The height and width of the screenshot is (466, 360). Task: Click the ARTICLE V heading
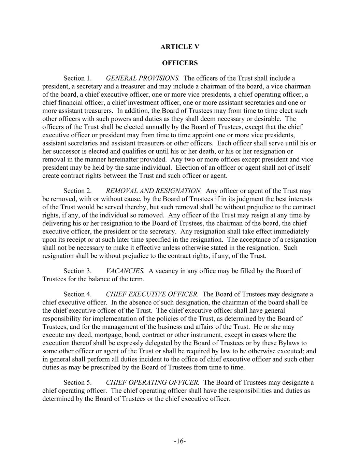pos(179,47)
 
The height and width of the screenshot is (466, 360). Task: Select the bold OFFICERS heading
pos(179,63)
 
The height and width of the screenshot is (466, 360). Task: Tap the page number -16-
pos(180,441)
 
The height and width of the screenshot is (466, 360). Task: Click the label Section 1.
pos(77,79)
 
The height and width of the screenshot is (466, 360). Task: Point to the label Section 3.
pos(77,271)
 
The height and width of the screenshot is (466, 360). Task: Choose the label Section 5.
pos(77,383)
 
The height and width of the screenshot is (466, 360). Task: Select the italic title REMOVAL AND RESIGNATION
pos(154,191)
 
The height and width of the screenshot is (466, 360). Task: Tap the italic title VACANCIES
pos(125,271)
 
